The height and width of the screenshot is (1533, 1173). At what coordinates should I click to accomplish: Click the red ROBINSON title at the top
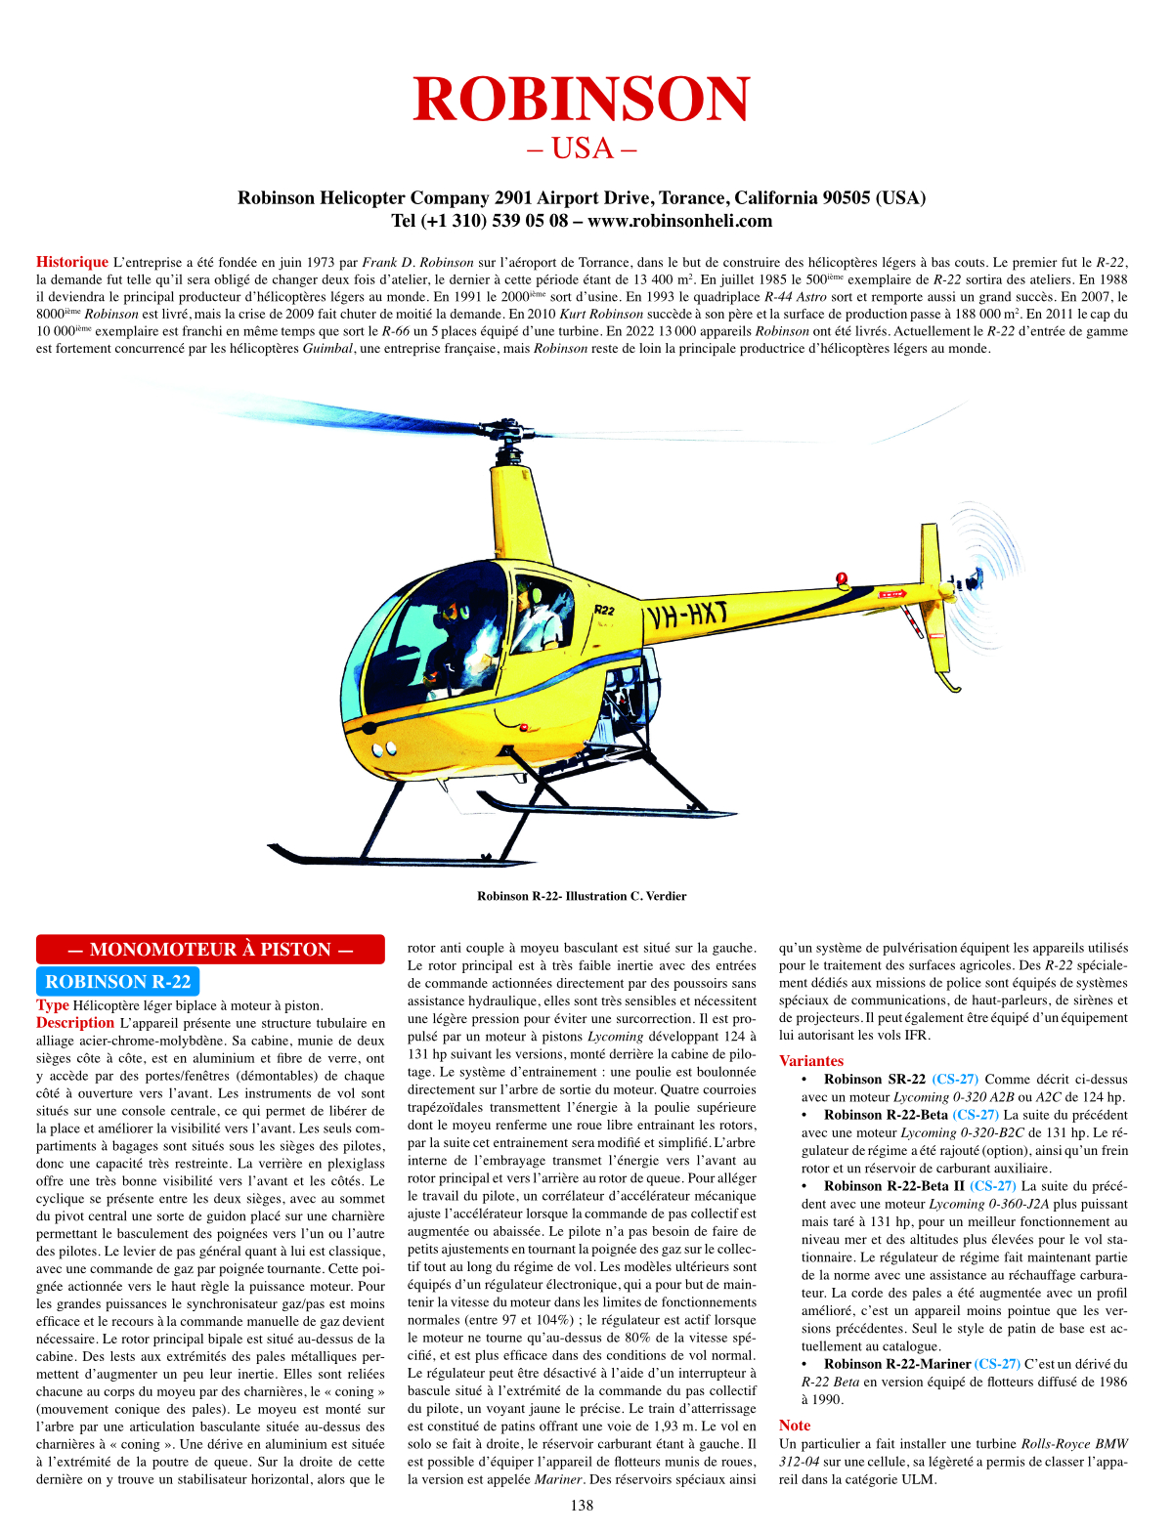click(x=582, y=99)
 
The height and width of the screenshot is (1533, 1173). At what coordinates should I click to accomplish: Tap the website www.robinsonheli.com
click(x=679, y=221)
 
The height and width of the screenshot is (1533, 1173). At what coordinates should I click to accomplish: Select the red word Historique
click(x=72, y=262)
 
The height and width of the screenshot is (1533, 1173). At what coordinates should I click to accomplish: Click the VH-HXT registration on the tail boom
click(x=685, y=616)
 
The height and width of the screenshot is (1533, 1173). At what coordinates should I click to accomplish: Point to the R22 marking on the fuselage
click(x=605, y=610)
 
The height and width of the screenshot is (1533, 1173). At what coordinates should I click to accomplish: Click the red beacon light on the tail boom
click(x=842, y=578)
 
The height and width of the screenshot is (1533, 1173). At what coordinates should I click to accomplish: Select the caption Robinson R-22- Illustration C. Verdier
click(x=582, y=896)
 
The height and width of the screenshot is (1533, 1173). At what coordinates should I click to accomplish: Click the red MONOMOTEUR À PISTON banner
click(x=210, y=950)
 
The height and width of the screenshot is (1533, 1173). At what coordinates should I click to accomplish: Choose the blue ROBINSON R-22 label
click(x=117, y=982)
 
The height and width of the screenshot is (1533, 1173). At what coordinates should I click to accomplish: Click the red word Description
click(x=75, y=1023)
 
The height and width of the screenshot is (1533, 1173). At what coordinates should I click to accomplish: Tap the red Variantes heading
click(x=810, y=1061)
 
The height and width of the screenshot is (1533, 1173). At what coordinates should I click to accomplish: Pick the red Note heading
click(x=795, y=1426)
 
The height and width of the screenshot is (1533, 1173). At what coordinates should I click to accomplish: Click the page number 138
click(x=582, y=1506)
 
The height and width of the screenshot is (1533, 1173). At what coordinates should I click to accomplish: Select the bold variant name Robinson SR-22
click(x=874, y=1080)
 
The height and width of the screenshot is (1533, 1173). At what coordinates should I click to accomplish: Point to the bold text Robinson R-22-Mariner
click(x=896, y=1364)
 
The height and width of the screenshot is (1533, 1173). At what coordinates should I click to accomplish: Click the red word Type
click(x=53, y=1005)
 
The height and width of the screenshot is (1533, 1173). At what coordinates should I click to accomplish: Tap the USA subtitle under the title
click(x=582, y=149)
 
